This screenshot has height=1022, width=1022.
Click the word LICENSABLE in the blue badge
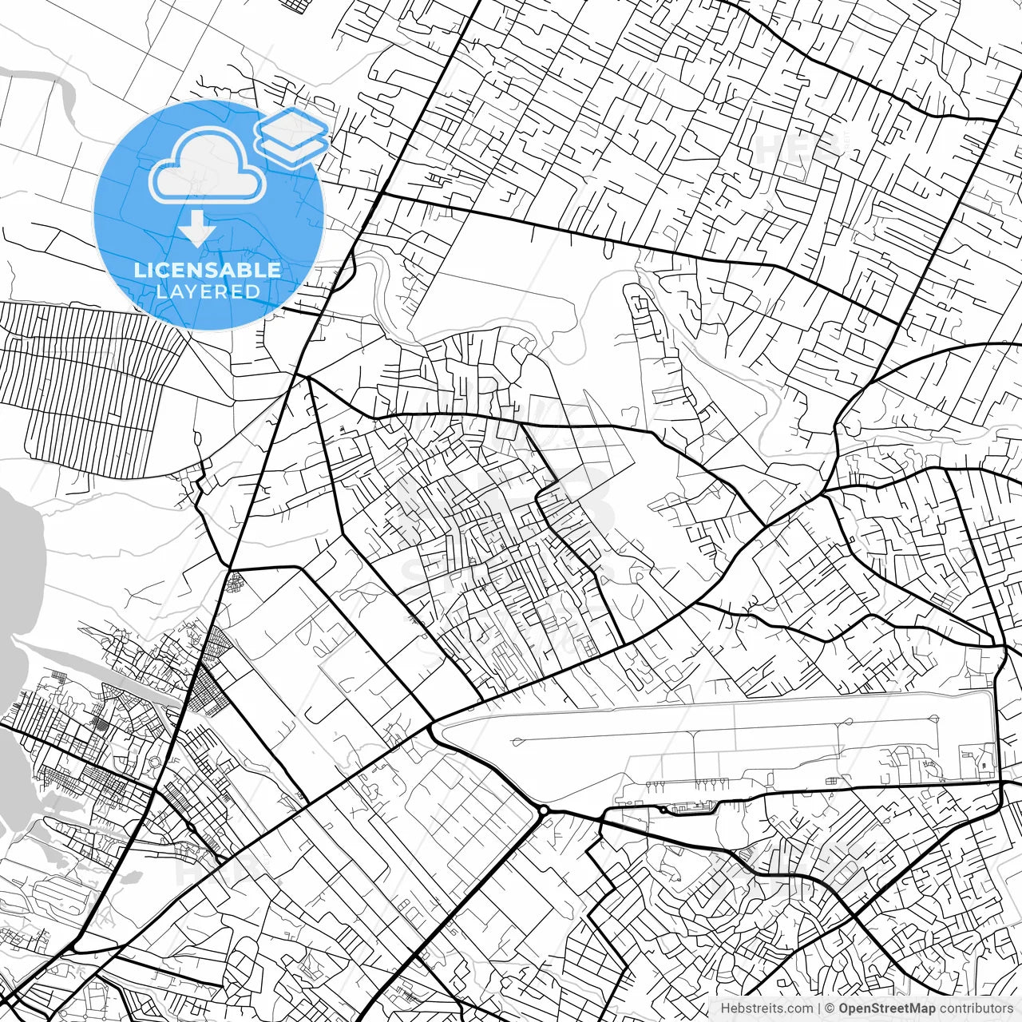(208, 270)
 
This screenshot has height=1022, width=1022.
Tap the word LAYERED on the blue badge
(208, 291)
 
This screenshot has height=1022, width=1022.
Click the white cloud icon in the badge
(208, 167)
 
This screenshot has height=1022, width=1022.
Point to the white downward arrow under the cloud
(196, 229)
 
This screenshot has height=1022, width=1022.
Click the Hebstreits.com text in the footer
(766, 1008)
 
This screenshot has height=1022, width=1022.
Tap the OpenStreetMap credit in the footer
(886, 1008)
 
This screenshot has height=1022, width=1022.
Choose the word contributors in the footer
(976, 1008)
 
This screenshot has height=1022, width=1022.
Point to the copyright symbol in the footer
(830, 1008)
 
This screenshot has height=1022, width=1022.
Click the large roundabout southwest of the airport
(543, 811)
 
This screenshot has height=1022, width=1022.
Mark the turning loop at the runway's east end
(933, 719)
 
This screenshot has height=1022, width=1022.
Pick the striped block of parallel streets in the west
(88, 391)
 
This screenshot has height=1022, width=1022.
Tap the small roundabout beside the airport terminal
(662, 810)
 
